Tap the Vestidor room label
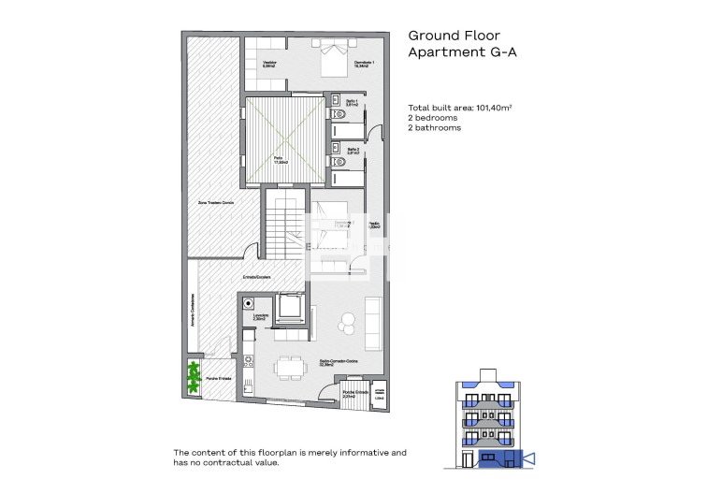click(x=268, y=65)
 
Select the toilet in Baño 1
click(x=341, y=115)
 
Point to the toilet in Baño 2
click(x=341, y=163)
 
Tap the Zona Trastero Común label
click(x=215, y=203)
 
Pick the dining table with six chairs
click(x=288, y=366)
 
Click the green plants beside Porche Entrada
click(x=195, y=376)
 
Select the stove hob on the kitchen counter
click(x=250, y=359)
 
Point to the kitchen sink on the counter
click(x=250, y=380)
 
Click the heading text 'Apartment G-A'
click(x=462, y=53)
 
